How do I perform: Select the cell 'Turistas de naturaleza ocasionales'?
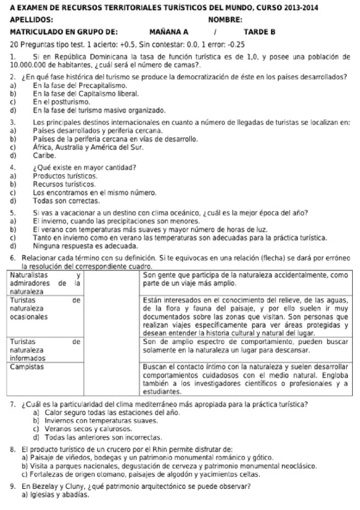(x=46, y=307)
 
